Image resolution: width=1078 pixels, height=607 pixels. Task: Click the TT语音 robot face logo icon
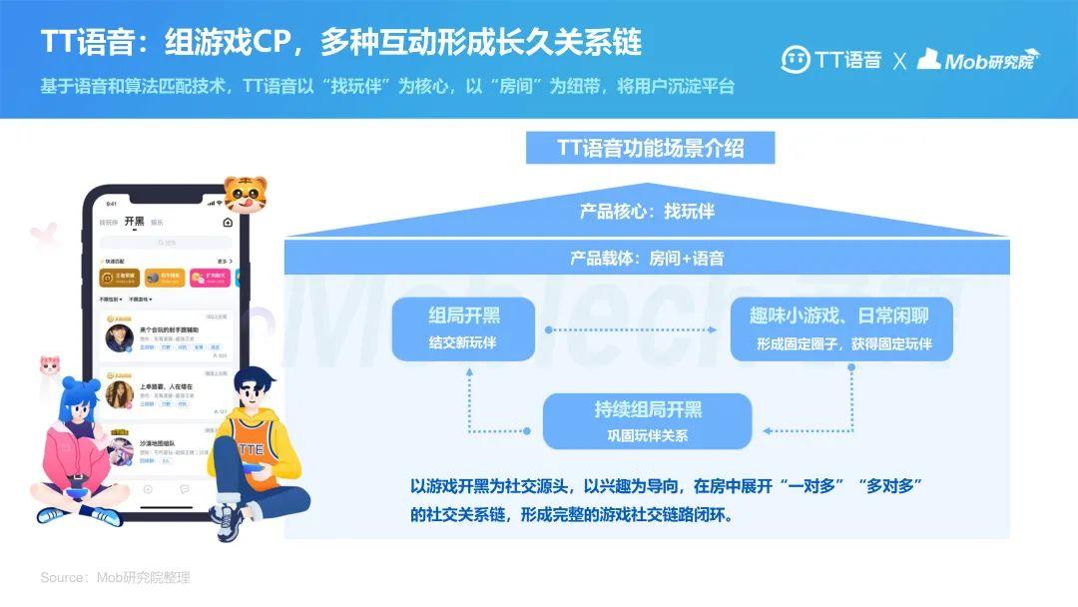(795, 59)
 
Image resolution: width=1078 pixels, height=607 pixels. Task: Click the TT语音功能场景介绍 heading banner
(650, 148)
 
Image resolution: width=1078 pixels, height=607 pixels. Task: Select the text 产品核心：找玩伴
(647, 212)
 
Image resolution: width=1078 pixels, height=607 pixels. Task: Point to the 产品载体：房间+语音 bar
(647, 258)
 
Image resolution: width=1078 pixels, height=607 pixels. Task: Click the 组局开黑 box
(464, 328)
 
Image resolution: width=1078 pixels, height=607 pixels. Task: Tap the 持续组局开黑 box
(647, 420)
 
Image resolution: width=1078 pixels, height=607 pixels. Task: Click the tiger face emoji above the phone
(245, 193)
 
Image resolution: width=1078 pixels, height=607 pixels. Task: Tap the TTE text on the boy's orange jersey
(251, 449)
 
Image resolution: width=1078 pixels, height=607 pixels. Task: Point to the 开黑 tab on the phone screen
(134, 221)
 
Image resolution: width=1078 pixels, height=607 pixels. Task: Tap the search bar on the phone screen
(165, 243)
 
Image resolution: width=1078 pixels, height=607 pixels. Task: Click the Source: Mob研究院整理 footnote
(115, 577)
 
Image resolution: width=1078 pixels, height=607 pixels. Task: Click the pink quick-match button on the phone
(209, 277)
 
